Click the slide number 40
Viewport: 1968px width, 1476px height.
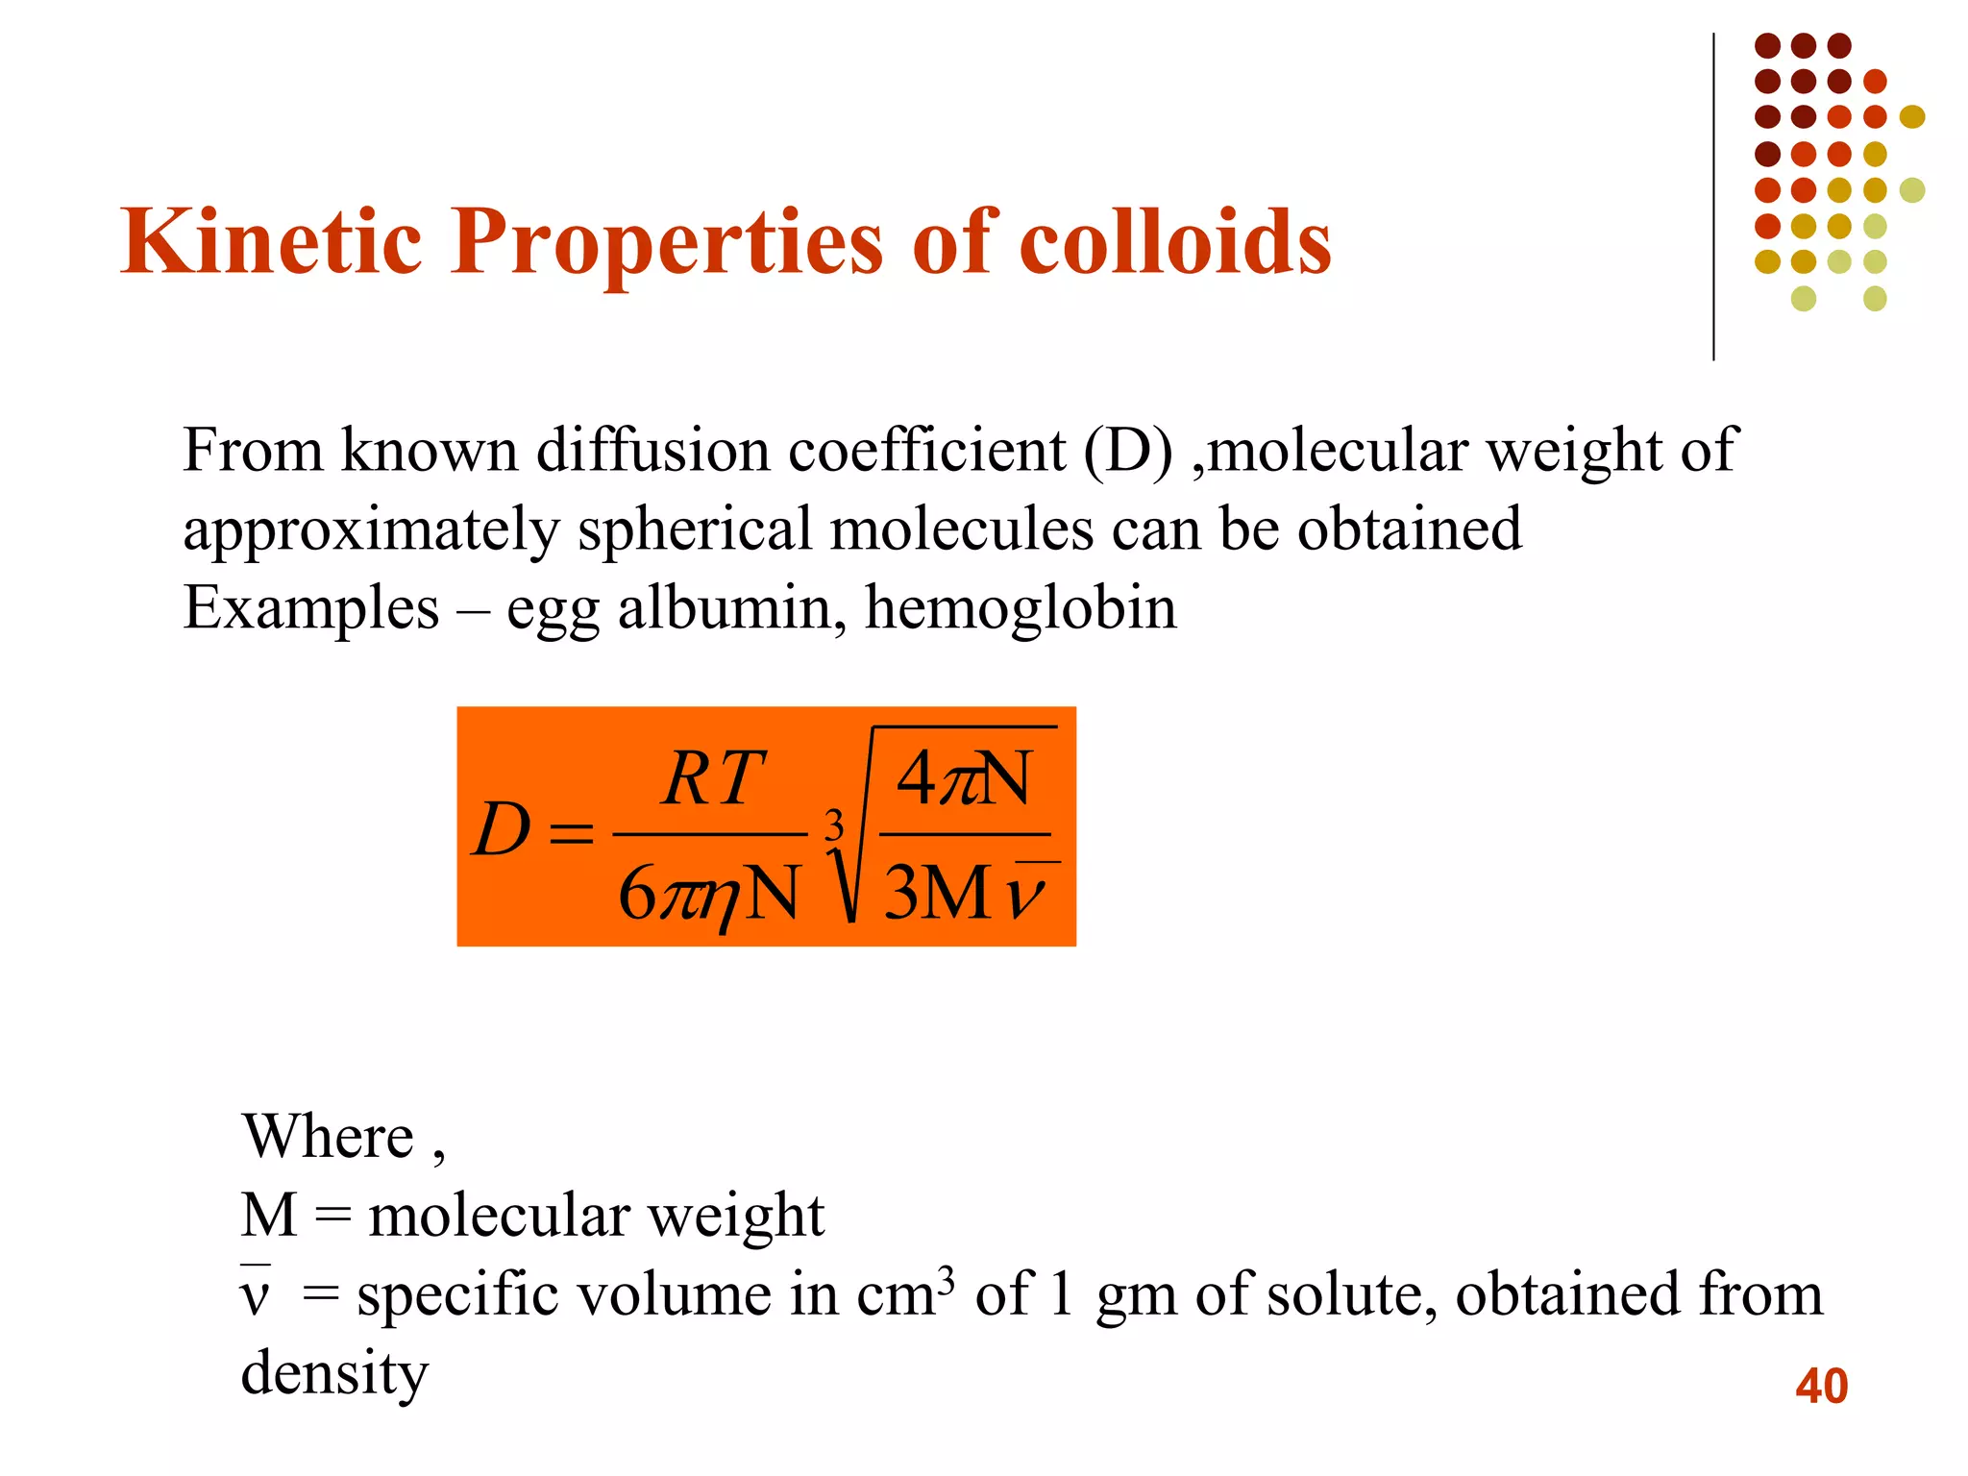coord(1821,1386)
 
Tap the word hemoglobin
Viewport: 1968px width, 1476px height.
coord(1021,608)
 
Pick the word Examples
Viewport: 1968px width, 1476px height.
coord(310,608)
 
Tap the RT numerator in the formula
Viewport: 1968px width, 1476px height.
coord(712,778)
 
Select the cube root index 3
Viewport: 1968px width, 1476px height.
coord(834,824)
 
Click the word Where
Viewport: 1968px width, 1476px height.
coord(328,1137)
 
